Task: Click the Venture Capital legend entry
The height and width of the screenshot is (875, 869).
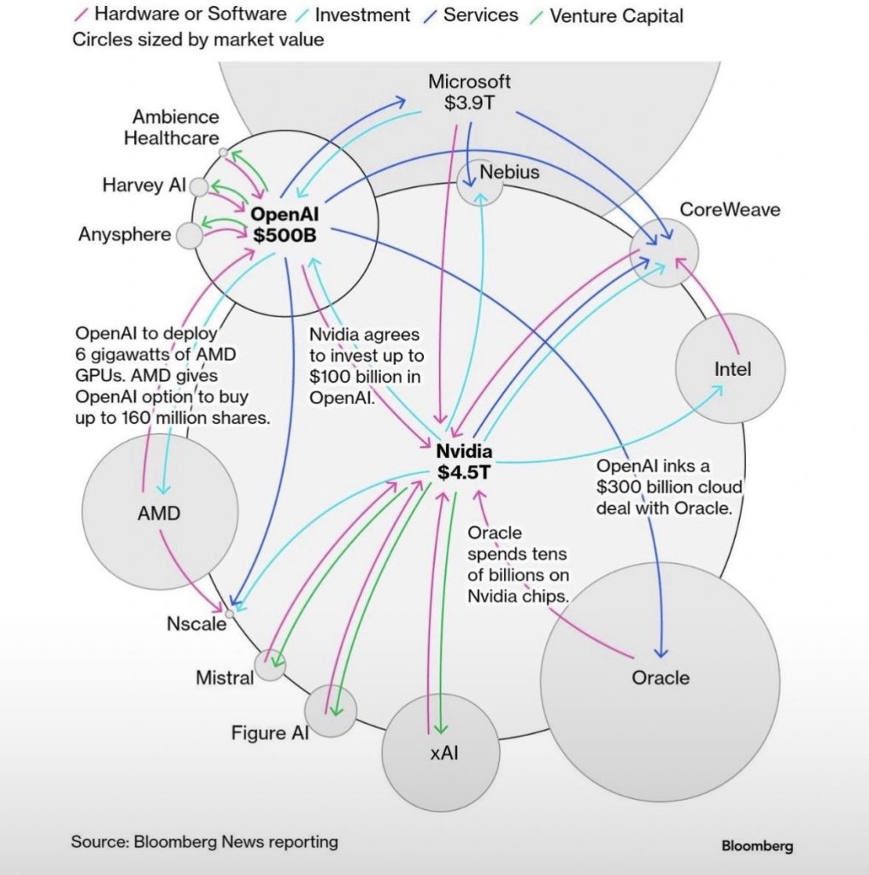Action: click(615, 15)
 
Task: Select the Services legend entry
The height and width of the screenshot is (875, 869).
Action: click(479, 15)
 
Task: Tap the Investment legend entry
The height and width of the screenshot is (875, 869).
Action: click(362, 15)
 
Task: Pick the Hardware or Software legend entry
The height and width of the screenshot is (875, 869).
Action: click(191, 15)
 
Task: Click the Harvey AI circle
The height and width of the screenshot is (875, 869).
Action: click(199, 186)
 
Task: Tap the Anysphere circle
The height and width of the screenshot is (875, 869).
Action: click(189, 235)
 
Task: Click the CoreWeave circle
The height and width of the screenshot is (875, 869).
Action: click(664, 251)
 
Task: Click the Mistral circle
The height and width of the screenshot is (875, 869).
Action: click(271, 664)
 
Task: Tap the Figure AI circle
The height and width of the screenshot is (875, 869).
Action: click(329, 708)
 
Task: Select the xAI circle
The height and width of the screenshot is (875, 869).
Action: click(439, 753)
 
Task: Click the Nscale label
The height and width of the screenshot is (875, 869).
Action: click(197, 624)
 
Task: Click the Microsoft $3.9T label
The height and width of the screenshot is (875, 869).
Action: click(469, 92)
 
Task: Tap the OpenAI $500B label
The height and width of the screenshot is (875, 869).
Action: click(283, 224)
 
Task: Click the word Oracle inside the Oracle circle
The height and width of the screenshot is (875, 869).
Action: click(660, 678)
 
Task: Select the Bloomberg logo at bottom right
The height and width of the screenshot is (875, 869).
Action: click(757, 847)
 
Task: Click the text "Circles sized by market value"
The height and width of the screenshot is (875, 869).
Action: click(198, 39)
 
